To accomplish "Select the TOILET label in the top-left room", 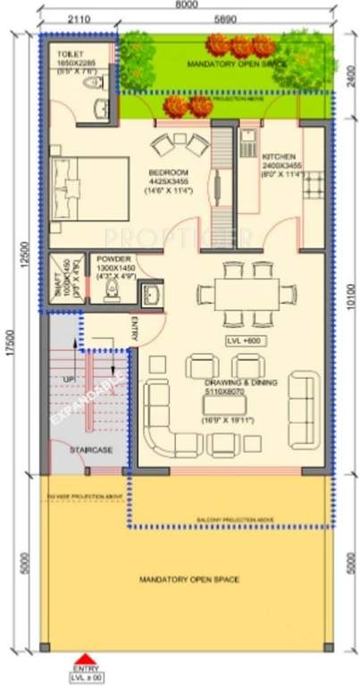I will point(65,54).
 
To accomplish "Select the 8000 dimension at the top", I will point(186,4).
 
